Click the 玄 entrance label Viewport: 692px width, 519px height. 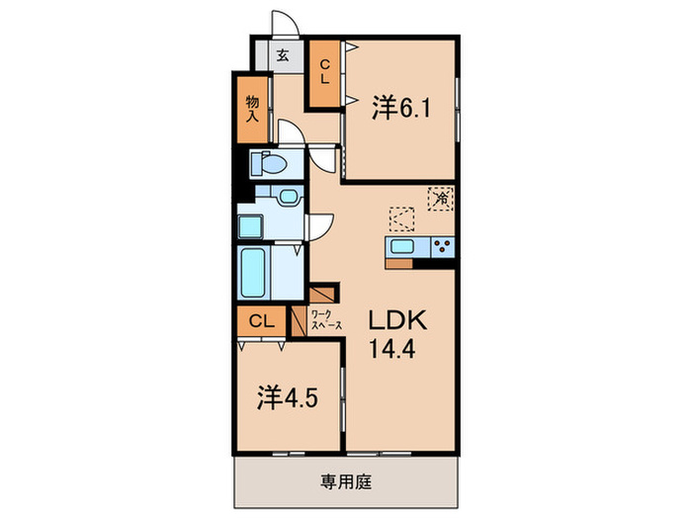(x=282, y=56)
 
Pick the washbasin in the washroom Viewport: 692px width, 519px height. (x=287, y=197)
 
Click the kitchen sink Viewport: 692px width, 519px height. (x=403, y=247)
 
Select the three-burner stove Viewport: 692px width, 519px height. (x=440, y=247)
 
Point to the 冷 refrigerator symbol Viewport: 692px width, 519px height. (x=441, y=198)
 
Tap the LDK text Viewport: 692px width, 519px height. (x=396, y=320)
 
